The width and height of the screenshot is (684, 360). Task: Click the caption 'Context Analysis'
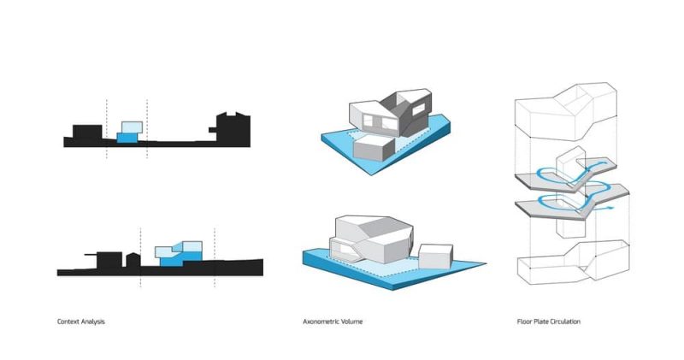pos(80,322)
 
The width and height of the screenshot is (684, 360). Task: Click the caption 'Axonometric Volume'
pos(333,322)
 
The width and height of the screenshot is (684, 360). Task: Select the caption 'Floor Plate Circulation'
pos(548,322)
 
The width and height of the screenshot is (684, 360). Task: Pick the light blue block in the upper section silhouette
pos(132,127)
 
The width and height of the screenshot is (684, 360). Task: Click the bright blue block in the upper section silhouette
pos(127,138)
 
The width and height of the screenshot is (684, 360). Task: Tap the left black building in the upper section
pos(87,133)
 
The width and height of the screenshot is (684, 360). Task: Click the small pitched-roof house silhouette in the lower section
pos(133,260)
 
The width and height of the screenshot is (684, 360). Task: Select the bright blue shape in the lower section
pos(180,258)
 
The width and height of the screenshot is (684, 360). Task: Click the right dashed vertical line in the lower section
pos(215,257)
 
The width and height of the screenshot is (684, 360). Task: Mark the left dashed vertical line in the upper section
pos(106,129)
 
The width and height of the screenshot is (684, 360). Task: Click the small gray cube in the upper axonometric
pos(374,147)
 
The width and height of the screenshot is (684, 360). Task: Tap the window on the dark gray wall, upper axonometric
pos(418,109)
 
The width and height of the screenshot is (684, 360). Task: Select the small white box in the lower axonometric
pos(435,257)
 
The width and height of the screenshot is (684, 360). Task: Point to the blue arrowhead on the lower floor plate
pos(610,208)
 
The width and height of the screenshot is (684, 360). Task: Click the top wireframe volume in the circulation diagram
pos(566,112)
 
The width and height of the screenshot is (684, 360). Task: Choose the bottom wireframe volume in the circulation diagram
pos(574,262)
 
